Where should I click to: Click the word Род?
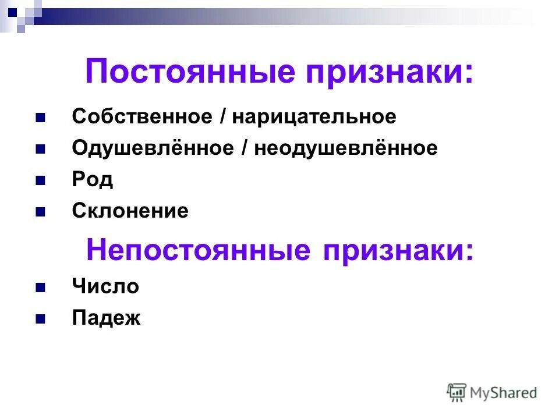click(x=92, y=180)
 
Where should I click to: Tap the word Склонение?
click(x=130, y=211)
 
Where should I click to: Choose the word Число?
click(x=105, y=286)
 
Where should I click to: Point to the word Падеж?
click(x=107, y=318)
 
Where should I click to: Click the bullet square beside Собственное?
click(x=41, y=118)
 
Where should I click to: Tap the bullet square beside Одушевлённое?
click(x=41, y=149)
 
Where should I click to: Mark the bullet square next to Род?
click(x=41, y=180)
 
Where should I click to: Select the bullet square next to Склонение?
click(x=41, y=212)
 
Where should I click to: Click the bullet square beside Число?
click(x=41, y=287)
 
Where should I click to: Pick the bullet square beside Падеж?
click(x=41, y=319)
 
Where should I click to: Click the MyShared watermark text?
click(x=504, y=392)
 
